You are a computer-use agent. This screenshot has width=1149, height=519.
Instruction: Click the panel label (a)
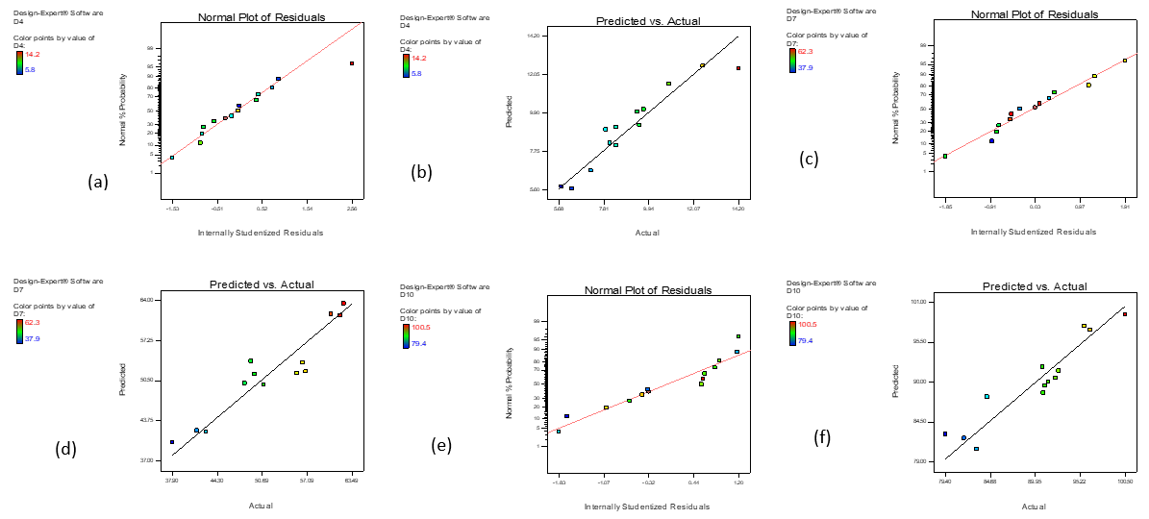[97, 181]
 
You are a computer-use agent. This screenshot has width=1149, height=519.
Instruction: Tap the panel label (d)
[68, 448]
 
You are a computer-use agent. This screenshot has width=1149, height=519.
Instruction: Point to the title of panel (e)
[647, 290]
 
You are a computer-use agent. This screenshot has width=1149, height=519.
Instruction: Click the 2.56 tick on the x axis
[351, 208]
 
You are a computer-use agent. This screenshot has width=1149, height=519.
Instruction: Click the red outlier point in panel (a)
[352, 63]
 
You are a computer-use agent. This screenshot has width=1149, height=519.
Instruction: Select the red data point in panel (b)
[738, 68]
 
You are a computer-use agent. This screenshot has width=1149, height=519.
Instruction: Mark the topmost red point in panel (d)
[343, 304]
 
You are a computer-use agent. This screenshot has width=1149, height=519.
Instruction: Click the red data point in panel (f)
[1125, 314]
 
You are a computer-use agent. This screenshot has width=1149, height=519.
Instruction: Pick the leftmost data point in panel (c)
[945, 156]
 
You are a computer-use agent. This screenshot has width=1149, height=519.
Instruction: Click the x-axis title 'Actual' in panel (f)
[1034, 507]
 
